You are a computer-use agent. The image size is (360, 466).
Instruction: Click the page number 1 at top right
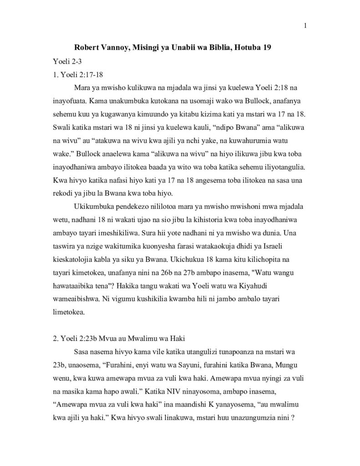[x=305, y=25]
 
